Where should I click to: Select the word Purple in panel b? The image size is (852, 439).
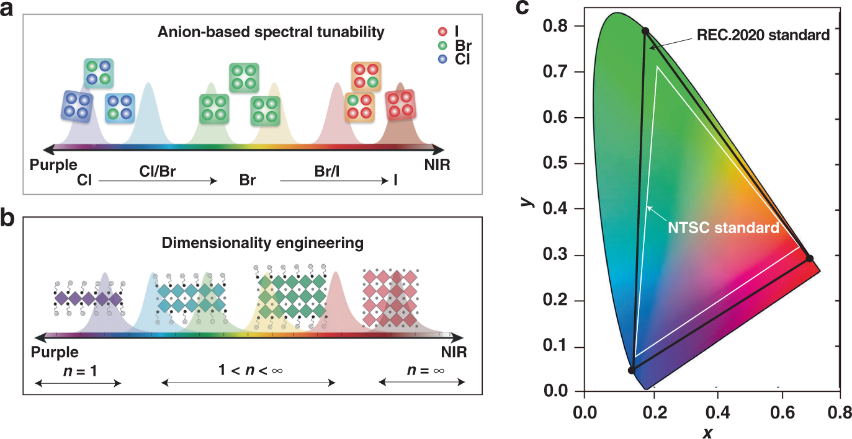pos(54,352)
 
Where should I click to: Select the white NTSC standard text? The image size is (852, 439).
pos(724,228)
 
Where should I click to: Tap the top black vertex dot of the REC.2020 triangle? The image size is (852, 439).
pos(645,31)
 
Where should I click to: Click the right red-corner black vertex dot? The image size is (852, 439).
pos(809,258)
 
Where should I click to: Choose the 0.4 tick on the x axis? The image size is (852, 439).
pos(717,411)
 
